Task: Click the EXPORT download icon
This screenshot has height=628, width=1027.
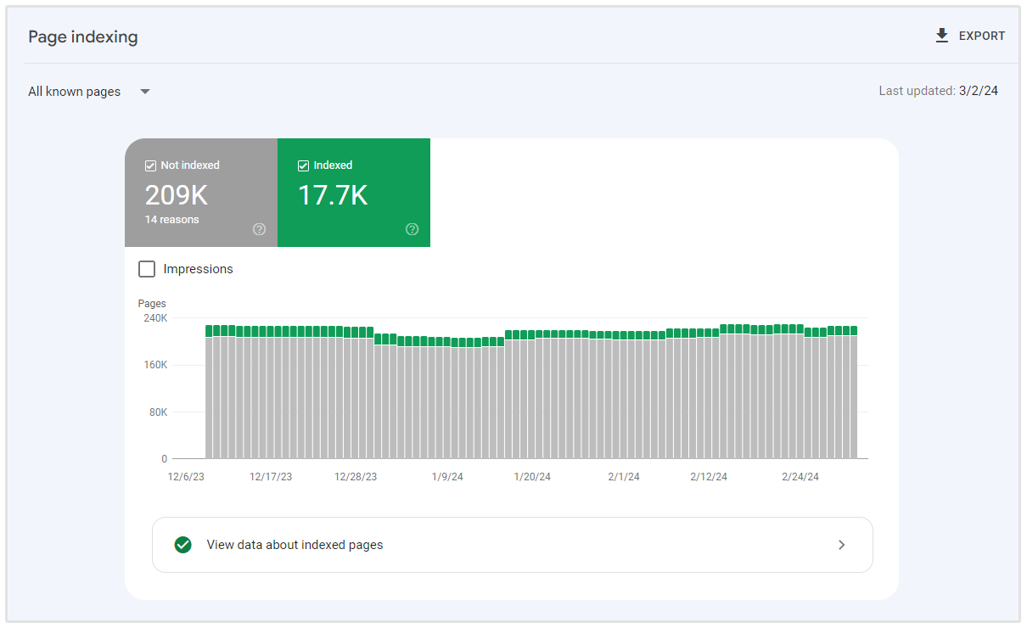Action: coord(941,36)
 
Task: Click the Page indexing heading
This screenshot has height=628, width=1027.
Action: coord(83,37)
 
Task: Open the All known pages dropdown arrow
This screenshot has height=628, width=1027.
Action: coord(145,92)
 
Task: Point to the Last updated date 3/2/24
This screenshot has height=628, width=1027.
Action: coord(979,91)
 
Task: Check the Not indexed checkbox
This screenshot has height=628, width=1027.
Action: coord(150,165)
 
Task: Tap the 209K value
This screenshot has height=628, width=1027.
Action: coord(176,195)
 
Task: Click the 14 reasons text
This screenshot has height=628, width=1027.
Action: coord(171,220)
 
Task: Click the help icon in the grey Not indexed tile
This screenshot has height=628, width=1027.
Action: coord(260,229)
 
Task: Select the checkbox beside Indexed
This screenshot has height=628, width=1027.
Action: coord(303,165)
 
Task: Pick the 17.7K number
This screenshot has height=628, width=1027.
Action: coord(332,195)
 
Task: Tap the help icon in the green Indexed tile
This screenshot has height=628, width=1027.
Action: coord(412,229)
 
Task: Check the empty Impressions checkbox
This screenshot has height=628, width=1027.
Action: coord(147,269)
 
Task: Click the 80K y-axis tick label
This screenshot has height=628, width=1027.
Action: coord(157,412)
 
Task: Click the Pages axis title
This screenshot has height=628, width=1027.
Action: coord(152,304)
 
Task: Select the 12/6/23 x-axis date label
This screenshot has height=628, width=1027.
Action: coord(186,477)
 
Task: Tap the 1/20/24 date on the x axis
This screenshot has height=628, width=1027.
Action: coord(532,477)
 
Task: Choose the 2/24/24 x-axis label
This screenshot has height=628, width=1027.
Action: coord(800,477)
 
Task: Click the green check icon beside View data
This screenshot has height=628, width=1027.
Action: coord(182,545)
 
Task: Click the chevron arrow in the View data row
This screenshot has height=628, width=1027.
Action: coord(842,545)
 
